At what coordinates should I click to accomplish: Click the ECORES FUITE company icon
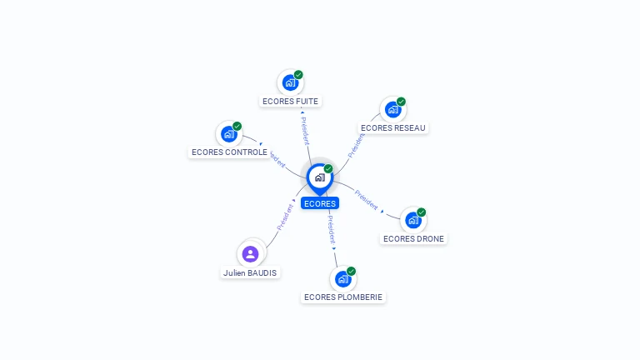pyautogui.click(x=290, y=82)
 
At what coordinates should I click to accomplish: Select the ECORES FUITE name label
pyautogui.click(x=290, y=102)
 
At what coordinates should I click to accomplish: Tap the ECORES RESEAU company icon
pyautogui.click(x=392, y=109)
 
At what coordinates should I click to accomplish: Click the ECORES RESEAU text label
pyautogui.click(x=393, y=128)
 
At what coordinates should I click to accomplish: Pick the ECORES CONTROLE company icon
pyautogui.click(x=228, y=133)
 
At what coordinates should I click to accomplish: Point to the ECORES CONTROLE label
pyautogui.click(x=229, y=152)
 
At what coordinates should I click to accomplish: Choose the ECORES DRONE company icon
pyautogui.click(x=412, y=220)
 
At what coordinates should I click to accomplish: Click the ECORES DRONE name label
pyautogui.click(x=413, y=239)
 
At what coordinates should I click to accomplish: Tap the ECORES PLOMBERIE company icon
pyautogui.click(x=342, y=279)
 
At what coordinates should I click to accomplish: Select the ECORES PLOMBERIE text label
pyautogui.click(x=343, y=297)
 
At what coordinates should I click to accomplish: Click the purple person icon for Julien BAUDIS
pyautogui.click(x=250, y=254)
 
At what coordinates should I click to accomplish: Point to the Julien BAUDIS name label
pyautogui.click(x=250, y=273)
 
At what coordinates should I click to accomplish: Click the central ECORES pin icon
pyautogui.click(x=319, y=177)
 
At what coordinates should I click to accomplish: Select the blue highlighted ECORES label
pyautogui.click(x=320, y=203)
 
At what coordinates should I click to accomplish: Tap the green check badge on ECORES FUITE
pyautogui.click(x=298, y=75)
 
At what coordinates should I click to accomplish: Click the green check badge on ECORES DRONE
pyautogui.click(x=422, y=212)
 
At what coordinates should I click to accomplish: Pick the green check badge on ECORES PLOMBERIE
pyautogui.click(x=352, y=272)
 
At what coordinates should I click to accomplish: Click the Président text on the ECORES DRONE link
pyautogui.click(x=367, y=199)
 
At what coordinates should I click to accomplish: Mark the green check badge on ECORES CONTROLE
pyautogui.click(x=237, y=126)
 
